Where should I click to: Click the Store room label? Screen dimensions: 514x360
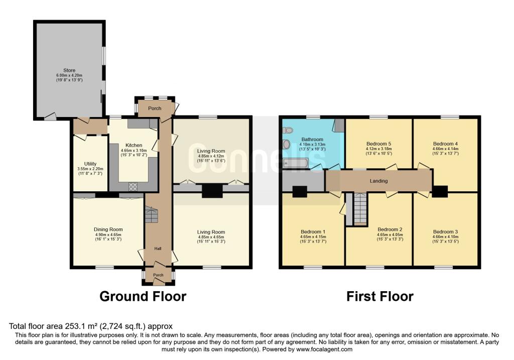tap(69, 70)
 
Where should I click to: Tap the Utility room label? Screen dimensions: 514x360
tap(90, 164)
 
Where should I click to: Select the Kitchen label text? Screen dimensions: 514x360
tap(134, 145)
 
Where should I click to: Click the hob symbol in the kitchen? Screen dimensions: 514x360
tap(133, 187)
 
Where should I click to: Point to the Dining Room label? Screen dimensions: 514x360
tap(108, 229)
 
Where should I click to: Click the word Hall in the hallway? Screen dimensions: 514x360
tap(158, 249)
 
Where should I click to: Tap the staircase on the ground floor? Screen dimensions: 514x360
tap(152, 215)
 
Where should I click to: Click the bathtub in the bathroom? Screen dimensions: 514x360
tap(296, 163)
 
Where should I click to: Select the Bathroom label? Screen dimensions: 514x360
tap(312, 140)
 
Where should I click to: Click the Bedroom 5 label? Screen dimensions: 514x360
tap(378, 144)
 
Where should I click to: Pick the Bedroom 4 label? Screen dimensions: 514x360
tap(445, 144)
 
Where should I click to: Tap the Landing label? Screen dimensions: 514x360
tap(378, 181)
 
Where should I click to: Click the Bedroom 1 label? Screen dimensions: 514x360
tap(313, 232)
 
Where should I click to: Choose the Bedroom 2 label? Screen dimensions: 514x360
tap(390, 229)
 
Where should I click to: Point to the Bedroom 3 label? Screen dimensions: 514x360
tap(445, 232)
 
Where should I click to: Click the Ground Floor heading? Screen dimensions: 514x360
tap(143, 296)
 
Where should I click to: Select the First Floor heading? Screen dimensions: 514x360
tap(380, 296)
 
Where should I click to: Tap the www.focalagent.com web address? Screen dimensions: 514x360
tap(324, 349)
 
